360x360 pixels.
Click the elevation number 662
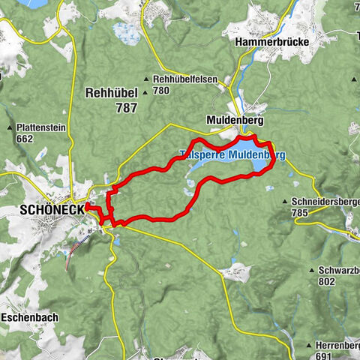[x=25, y=139]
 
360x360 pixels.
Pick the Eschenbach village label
[x=29, y=317]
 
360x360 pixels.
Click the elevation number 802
[x=327, y=281]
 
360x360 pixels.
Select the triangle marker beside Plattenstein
[x=11, y=128]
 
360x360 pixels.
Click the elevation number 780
[x=161, y=91]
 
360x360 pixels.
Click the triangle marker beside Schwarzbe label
[x=311, y=270]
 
